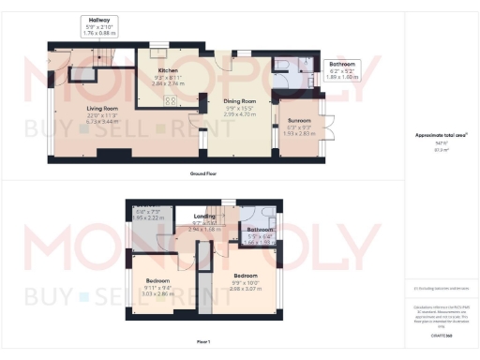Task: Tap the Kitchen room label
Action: coord(168,70)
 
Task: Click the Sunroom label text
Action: coord(298,121)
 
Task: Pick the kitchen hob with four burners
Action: coord(171,101)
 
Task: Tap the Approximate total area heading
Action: coord(436,136)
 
